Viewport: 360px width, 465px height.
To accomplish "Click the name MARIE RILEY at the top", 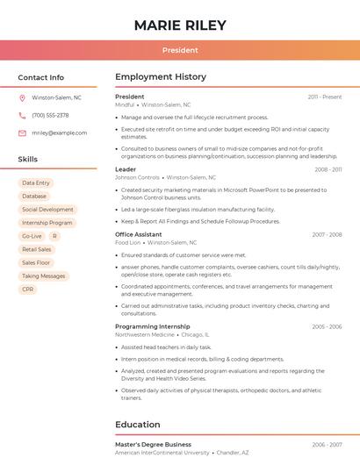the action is [x=180, y=25].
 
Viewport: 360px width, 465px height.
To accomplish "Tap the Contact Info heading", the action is [x=40, y=77].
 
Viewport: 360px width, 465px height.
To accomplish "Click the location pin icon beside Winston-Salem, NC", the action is [x=22, y=97].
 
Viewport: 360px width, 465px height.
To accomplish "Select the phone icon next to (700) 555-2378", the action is [x=22, y=115].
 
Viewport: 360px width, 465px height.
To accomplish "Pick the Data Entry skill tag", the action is [x=36, y=182].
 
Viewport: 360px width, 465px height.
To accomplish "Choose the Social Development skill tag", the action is [x=47, y=210].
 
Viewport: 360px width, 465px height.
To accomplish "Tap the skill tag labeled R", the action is [x=54, y=236].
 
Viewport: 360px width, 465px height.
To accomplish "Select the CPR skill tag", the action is [x=28, y=289].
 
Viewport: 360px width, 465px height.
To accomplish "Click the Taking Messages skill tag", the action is [x=43, y=275].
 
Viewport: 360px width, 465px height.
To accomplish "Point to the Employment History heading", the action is [x=160, y=77].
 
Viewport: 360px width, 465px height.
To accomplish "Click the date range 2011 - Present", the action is [x=324, y=97].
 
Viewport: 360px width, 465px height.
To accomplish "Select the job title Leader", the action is [x=126, y=169].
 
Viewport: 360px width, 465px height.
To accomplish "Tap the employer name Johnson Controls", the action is [x=137, y=177].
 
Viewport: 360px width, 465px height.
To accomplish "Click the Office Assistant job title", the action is [x=138, y=234].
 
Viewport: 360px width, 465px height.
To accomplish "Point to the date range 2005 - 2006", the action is [x=327, y=326].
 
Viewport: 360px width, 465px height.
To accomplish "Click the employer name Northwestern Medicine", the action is [x=145, y=334].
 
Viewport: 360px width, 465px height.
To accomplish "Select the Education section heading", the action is [x=138, y=425].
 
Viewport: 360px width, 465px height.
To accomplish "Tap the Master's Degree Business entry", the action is [x=153, y=444].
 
